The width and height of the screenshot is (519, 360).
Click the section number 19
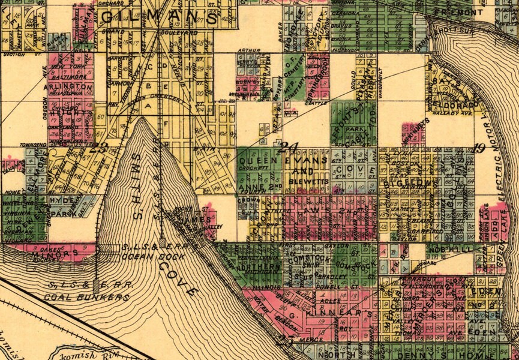tap(478, 149)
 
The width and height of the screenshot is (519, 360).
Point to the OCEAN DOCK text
tap(145, 256)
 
